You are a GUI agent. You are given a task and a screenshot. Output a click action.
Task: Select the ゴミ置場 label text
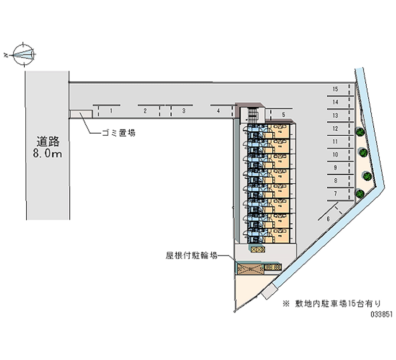(119, 133)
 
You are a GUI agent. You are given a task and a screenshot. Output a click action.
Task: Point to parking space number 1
(112, 111)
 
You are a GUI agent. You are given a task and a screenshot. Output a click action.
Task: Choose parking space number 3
(183, 111)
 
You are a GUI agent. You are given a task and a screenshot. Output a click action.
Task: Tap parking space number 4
(218, 111)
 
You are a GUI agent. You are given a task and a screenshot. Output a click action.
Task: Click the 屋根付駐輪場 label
(191, 256)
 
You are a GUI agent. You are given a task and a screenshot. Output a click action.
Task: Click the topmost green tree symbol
(360, 132)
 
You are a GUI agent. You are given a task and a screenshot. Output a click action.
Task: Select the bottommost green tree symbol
(360, 193)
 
